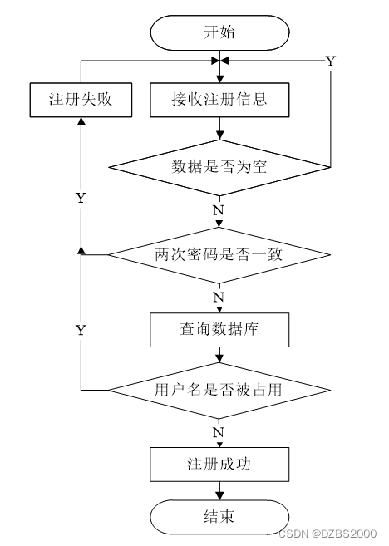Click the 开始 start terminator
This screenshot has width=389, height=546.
pyautogui.click(x=219, y=32)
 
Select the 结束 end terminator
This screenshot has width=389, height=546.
pyautogui.click(x=219, y=517)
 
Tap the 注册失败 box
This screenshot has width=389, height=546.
pyautogui.click(x=81, y=100)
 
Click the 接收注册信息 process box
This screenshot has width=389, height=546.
pyautogui.click(x=219, y=100)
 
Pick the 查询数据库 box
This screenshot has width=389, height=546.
pyautogui.click(x=219, y=330)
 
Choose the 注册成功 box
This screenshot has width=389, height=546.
pyautogui.click(x=219, y=465)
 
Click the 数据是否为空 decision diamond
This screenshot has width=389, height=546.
pyautogui.click(x=219, y=168)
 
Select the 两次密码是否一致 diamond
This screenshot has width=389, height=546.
pyautogui.click(x=219, y=255)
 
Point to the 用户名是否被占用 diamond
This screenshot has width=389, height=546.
pyautogui.click(x=219, y=390)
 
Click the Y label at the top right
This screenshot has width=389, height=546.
pyautogui.click(x=330, y=61)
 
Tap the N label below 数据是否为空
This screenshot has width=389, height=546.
pyautogui.click(x=219, y=210)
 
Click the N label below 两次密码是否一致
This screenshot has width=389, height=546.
pyautogui.click(x=219, y=298)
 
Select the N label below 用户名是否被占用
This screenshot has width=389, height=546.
pyautogui.click(x=219, y=432)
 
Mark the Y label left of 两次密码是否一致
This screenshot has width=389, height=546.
pyautogui.click(x=81, y=198)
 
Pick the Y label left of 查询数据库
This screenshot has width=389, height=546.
pyautogui.click(x=81, y=330)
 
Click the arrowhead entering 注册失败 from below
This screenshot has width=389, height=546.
pyautogui.click(x=81, y=121)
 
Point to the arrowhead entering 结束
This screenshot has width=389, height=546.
pyautogui.click(x=219, y=496)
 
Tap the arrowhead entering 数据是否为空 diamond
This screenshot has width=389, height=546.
pyautogui.click(x=219, y=135)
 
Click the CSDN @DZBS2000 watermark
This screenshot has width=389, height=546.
pyautogui.click(x=327, y=533)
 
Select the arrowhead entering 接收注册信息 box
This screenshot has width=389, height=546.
pyautogui.click(x=219, y=79)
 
